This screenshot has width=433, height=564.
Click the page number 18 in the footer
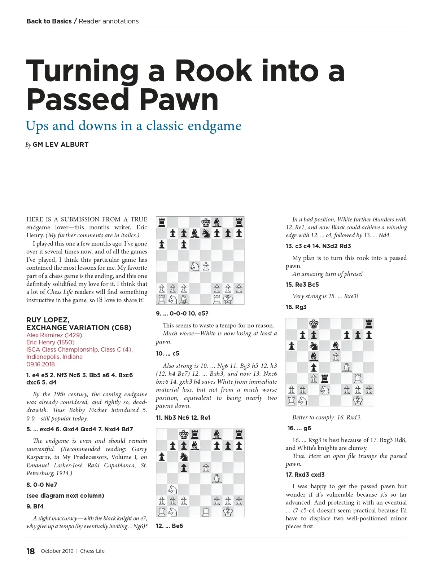31,551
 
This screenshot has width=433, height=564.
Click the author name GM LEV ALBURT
60,145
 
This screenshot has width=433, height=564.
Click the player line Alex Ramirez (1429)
54,335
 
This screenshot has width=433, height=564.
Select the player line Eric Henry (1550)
51,342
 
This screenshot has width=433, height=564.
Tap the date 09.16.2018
40,364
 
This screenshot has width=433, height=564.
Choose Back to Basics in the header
49,21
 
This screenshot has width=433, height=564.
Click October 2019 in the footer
57,551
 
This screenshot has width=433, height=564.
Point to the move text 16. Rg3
296,307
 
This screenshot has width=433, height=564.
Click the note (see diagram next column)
65,495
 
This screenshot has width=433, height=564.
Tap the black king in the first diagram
206,222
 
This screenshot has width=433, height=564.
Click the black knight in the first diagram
206,233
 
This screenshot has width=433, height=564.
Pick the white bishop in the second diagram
217,479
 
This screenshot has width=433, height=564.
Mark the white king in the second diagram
228,511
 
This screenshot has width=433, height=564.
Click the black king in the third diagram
314,324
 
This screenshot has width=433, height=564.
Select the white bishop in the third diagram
346,368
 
